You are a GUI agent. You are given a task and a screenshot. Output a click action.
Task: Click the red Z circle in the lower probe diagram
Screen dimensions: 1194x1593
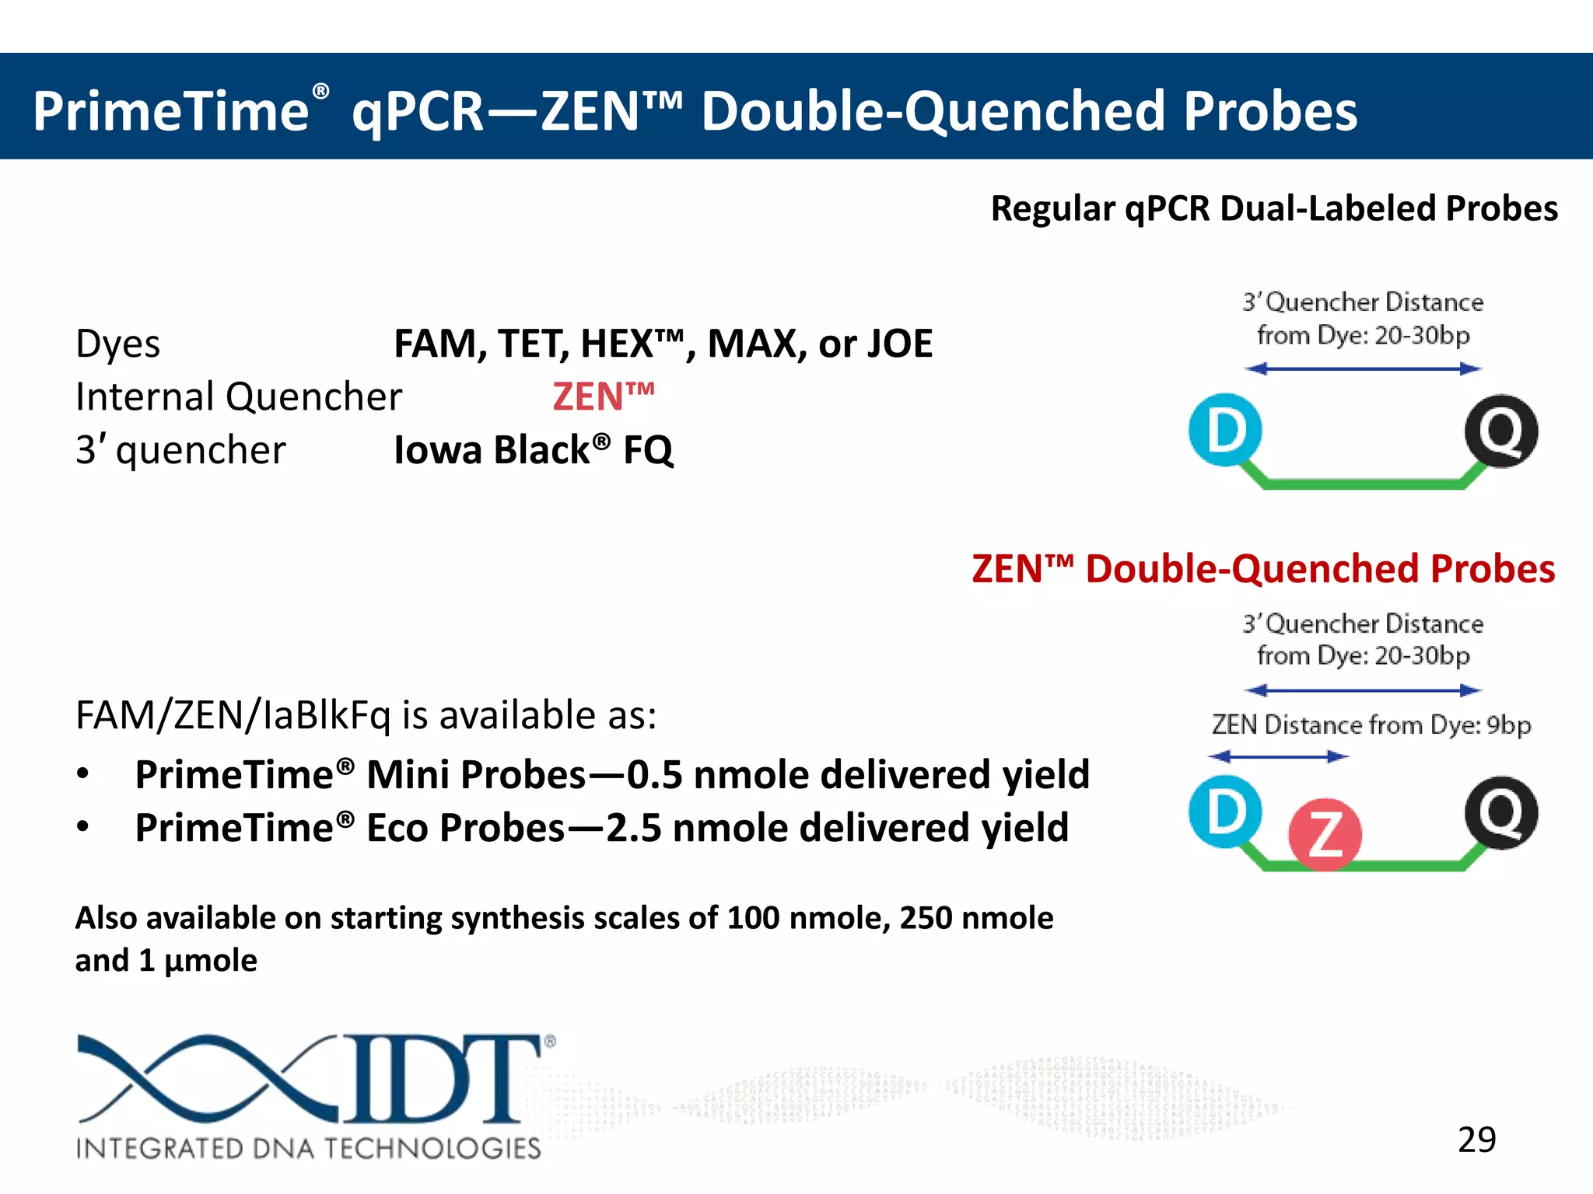tap(1325, 834)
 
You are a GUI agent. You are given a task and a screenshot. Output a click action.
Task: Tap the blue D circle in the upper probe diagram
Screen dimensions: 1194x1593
tap(1225, 430)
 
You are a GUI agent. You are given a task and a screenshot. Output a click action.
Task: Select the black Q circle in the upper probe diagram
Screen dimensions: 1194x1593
tap(1500, 431)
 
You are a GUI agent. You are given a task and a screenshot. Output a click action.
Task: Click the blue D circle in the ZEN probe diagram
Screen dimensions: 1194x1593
tap(1225, 812)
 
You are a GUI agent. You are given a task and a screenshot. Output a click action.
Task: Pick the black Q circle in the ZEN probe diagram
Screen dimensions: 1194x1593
tap(1500, 812)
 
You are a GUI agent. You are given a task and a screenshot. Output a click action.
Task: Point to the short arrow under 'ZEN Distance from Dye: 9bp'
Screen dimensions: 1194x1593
tap(1278, 756)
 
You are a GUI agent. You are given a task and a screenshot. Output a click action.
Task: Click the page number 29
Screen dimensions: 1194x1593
tap(1476, 1140)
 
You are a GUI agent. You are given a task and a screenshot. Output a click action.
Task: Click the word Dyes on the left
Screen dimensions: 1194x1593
tap(118, 344)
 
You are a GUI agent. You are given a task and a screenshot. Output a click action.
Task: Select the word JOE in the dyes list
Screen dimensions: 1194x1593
tap(899, 344)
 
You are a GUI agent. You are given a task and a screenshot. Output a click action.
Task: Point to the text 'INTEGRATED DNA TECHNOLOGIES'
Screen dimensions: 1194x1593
tap(308, 1148)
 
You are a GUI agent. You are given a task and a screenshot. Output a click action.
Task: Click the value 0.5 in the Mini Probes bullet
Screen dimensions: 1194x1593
tap(655, 775)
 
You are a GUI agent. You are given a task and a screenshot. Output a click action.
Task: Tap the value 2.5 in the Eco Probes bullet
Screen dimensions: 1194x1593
tap(634, 828)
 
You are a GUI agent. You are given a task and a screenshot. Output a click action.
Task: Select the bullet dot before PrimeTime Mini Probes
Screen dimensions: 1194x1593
tap(83, 774)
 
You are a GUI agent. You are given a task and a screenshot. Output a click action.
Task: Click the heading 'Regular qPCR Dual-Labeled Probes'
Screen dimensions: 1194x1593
tap(1273, 208)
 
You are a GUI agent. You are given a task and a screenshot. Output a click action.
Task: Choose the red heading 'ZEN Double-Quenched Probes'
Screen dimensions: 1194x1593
tap(1263, 569)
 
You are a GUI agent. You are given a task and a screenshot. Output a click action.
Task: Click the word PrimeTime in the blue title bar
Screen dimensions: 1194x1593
tap(171, 111)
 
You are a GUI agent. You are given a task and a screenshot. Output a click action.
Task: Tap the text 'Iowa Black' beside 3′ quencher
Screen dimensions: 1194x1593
tap(492, 450)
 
